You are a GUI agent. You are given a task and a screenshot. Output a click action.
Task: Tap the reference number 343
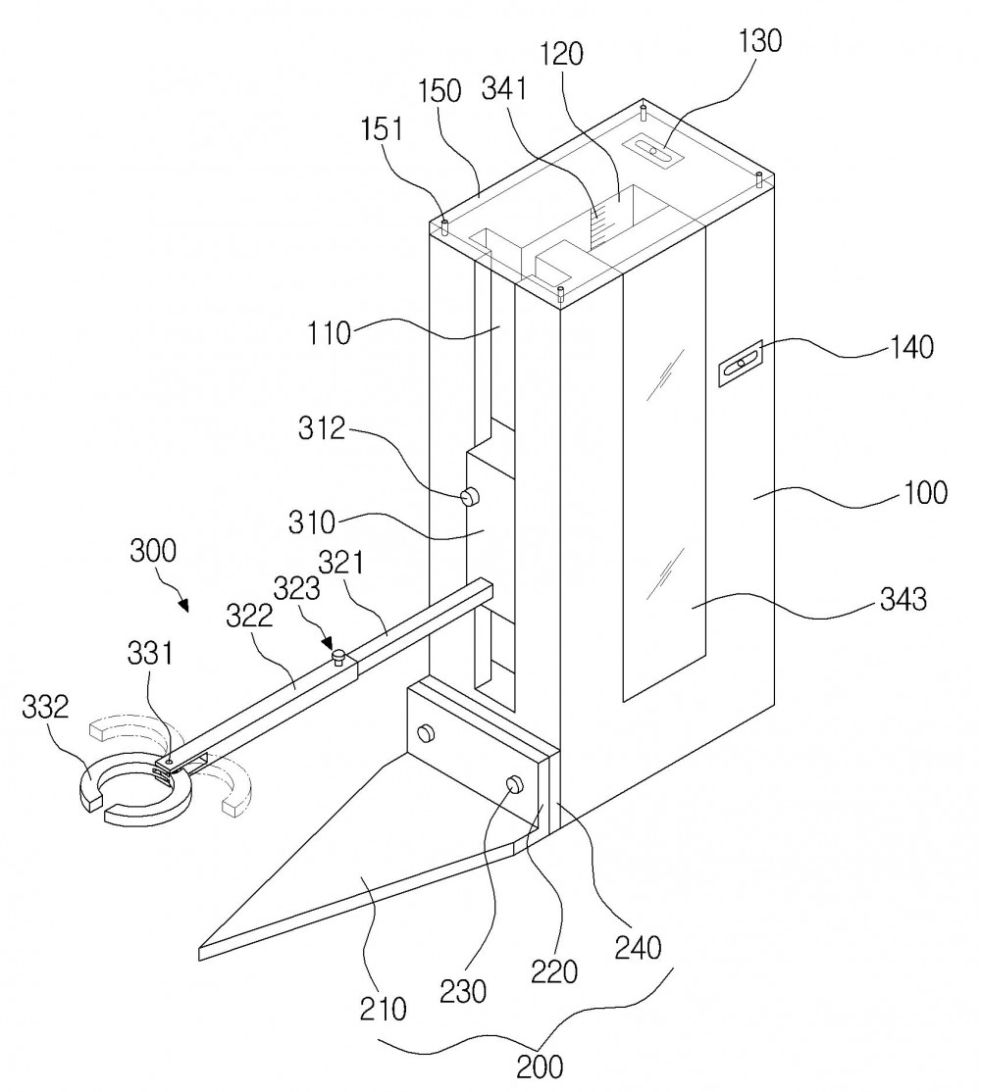(903, 599)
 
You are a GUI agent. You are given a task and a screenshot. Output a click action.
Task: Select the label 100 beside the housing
(925, 493)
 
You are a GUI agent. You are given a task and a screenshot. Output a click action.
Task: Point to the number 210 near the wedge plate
(383, 1008)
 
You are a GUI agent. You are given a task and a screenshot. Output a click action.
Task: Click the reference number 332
(45, 708)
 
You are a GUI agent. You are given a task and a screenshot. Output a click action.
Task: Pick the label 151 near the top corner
(382, 129)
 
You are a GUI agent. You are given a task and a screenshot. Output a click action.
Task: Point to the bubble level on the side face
(741, 362)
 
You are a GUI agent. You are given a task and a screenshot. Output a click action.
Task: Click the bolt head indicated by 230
(515, 783)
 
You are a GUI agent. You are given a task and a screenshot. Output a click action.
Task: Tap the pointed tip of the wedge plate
(201, 954)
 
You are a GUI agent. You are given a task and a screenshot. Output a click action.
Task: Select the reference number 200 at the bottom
(540, 1067)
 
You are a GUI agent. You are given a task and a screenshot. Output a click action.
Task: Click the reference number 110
(329, 333)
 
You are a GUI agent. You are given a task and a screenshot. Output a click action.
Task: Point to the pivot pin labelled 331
(167, 764)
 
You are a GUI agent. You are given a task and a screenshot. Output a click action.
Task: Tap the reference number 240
(638, 947)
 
